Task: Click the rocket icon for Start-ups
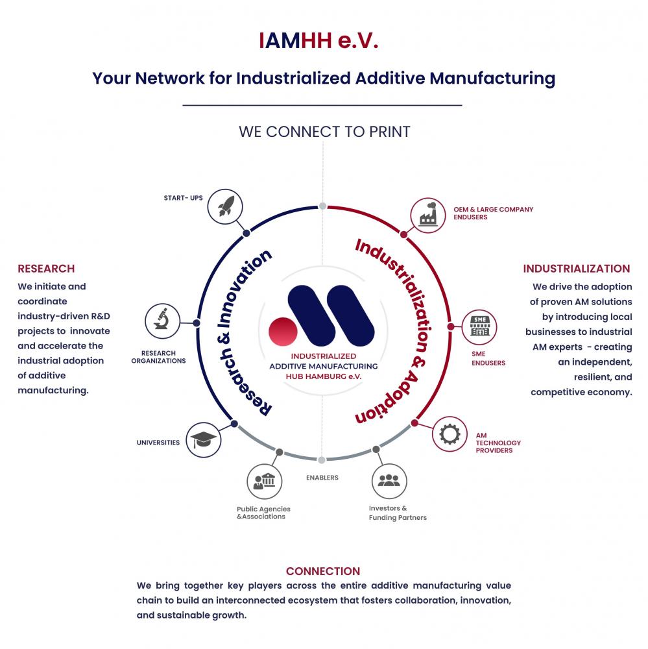pos(225,206)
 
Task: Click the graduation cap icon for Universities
pos(203,439)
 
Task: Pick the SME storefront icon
pos(479,327)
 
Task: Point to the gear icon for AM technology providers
pos(450,434)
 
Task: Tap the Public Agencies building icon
pos(265,482)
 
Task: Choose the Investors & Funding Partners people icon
pos(389,481)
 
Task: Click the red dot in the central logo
pos(283,332)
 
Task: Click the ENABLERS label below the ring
pos(322,478)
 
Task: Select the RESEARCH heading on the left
pos(46,269)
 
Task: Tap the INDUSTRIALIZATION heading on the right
pos(577,269)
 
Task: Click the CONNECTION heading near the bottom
pos(323,571)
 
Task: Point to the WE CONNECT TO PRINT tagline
pos(324,132)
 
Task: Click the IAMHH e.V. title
pos(318,40)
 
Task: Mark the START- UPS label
pos(184,198)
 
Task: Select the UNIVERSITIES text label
pos(158,443)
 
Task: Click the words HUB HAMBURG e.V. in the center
pos(324,376)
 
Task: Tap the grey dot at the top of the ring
pos(323,206)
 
